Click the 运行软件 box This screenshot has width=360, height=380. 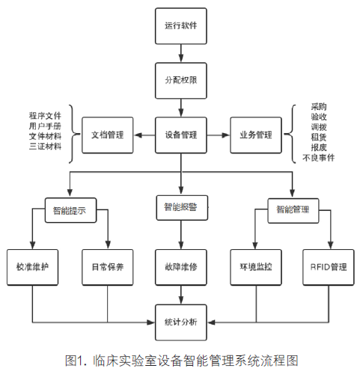(x=181, y=26)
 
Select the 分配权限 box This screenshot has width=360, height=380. (x=181, y=81)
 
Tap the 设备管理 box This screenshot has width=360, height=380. (x=181, y=135)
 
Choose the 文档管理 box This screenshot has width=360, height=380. (x=108, y=135)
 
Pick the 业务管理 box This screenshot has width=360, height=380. (x=256, y=135)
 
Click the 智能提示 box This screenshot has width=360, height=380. (x=70, y=210)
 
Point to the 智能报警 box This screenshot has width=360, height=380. (x=182, y=208)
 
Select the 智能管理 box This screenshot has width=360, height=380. (x=293, y=210)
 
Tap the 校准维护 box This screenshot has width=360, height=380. (x=32, y=267)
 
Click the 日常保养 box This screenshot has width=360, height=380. (x=108, y=267)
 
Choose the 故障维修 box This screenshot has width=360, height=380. (x=181, y=267)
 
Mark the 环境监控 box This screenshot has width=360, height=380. (x=256, y=267)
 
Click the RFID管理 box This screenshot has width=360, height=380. (x=329, y=267)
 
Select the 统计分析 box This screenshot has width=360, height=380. (x=181, y=322)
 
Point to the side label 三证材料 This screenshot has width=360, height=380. (x=45, y=147)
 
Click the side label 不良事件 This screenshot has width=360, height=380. (x=319, y=158)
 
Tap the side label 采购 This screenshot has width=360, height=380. (x=319, y=107)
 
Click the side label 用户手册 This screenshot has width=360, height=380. (x=45, y=126)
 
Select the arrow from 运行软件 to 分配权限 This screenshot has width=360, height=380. (x=181, y=53)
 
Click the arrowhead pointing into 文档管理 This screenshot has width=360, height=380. (x=138, y=135)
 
